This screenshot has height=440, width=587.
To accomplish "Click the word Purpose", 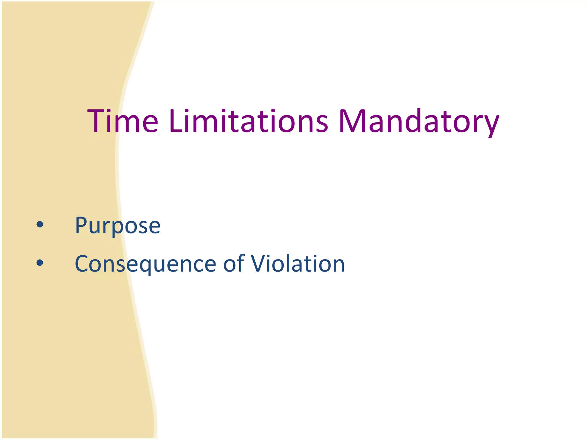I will tap(118, 226).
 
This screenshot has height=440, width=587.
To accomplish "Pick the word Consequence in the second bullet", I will tap(145, 264).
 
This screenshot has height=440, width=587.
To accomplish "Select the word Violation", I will tap(298, 264).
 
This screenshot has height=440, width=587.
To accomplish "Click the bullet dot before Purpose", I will tap(40, 225).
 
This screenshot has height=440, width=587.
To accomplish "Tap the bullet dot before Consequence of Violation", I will tap(40, 262).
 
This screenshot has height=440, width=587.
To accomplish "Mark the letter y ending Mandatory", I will tap(491, 125).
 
